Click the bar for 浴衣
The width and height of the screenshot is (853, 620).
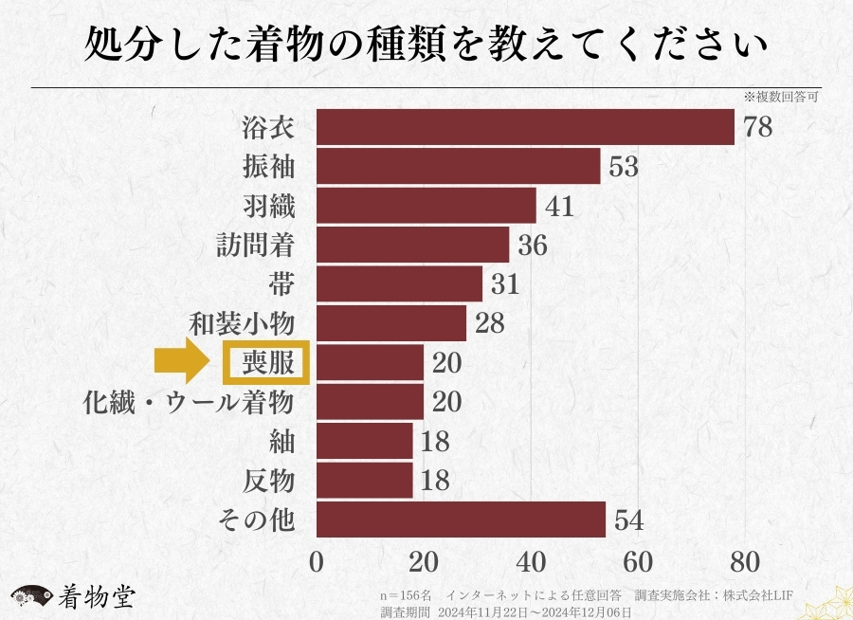tap(525, 127)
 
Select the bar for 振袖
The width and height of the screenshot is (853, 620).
tap(458, 167)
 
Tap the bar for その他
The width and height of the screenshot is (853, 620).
tap(461, 520)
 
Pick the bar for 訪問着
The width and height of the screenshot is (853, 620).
tap(412, 246)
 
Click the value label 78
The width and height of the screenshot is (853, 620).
tap(758, 127)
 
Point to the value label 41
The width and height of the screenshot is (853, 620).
tap(559, 206)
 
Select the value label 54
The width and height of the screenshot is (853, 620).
tap(629, 520)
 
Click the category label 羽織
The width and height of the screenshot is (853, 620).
tap(269, 206)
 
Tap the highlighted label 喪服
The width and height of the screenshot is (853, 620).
tap(266, 363)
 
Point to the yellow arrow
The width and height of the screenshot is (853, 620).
tap(184, 362)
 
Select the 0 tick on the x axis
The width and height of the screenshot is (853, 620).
tap(317, 561)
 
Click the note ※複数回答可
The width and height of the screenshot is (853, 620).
tap(780, 97)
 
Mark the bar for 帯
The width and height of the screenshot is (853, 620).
tap(399, 284)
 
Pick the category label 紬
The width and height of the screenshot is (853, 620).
tap(282, 442)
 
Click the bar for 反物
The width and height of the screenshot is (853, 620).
tap(365, 481)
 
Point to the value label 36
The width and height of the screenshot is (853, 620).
tap(533, 246)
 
